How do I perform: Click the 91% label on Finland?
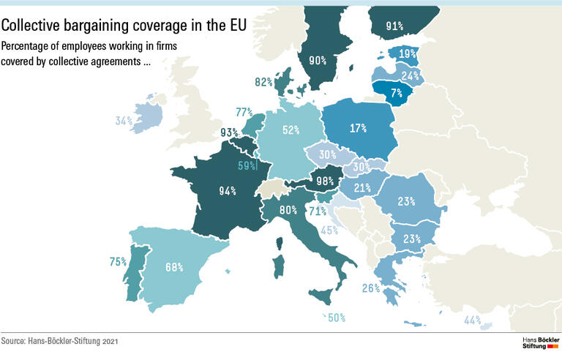click(x=394, y=27)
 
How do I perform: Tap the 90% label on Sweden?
click(x=317, y=61)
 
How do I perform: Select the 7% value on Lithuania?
click(x=397, y=93)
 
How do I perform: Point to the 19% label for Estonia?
click(x=408, y=53)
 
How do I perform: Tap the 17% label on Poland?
click(x=358, y=129)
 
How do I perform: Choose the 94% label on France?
click(x=227, y=192)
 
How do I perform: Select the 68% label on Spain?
click(x=173, y=267)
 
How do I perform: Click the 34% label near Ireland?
click(x=124, y=121)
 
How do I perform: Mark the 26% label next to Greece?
click(x=371, y=288)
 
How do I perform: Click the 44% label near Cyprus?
click(x=472, y=320)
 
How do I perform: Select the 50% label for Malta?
click(x=336, y=318)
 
